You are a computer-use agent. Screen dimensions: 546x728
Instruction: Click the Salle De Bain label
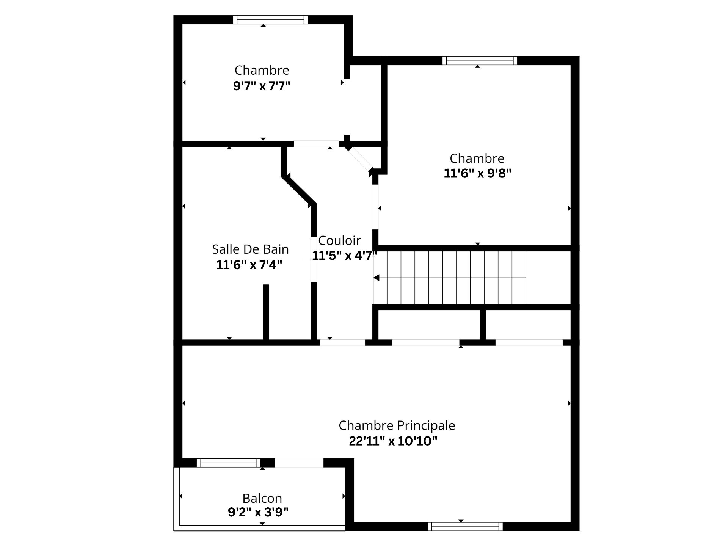(x=250, y=249)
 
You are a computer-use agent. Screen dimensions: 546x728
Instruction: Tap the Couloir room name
(x=339, y=240)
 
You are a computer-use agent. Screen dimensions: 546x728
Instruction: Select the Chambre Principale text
(x=397, y=425)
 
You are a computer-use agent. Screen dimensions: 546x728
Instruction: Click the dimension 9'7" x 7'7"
(x=262, y=86)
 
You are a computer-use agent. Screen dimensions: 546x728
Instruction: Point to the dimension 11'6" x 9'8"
(x=477, y=174)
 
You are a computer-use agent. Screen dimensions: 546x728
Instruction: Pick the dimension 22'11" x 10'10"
(x=393, y=441)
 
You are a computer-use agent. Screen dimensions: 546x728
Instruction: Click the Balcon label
(x=262, y=498)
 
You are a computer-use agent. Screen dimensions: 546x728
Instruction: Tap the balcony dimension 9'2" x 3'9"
(x=258, y=513)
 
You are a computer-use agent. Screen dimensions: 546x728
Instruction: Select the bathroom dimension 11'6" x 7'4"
(x=249, y=265)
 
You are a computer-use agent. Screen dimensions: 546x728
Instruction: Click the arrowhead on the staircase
(x=376, y=278)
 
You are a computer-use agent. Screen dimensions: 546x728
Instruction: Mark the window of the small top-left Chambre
(x=270, y=19)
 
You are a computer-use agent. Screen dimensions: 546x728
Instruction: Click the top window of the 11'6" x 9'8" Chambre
(x=480, y=61)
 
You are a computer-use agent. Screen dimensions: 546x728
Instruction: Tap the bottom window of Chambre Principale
(x=465, y=526)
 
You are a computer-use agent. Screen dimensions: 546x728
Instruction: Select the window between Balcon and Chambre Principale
(x=229, y=463)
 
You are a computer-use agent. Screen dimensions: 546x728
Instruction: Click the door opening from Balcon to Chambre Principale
(x=299, y=463)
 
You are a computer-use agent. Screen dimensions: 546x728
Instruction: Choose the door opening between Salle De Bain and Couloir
(x=314, y=260)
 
